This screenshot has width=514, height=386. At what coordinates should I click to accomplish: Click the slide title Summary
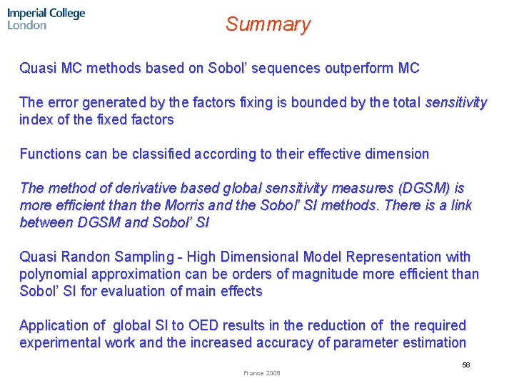click(268, 24)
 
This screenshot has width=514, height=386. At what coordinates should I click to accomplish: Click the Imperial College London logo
click(46, 19)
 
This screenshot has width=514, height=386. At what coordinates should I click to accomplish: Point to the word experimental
click(61, 342)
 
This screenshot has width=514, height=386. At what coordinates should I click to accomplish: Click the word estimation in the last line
click(433, 342)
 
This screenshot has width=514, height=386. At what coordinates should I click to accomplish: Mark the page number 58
click(465, 365)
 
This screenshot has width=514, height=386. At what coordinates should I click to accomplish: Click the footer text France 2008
click(262, 373)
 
